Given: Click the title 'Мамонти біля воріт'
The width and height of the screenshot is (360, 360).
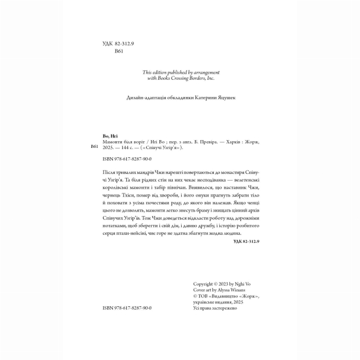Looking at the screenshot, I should coord(119,142).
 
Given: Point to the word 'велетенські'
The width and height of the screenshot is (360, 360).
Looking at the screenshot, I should coord(244,180).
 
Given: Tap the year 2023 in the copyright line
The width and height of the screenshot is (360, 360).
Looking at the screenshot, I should coord(223,283).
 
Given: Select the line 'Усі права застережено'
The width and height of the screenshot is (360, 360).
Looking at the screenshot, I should coord(215,308).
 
